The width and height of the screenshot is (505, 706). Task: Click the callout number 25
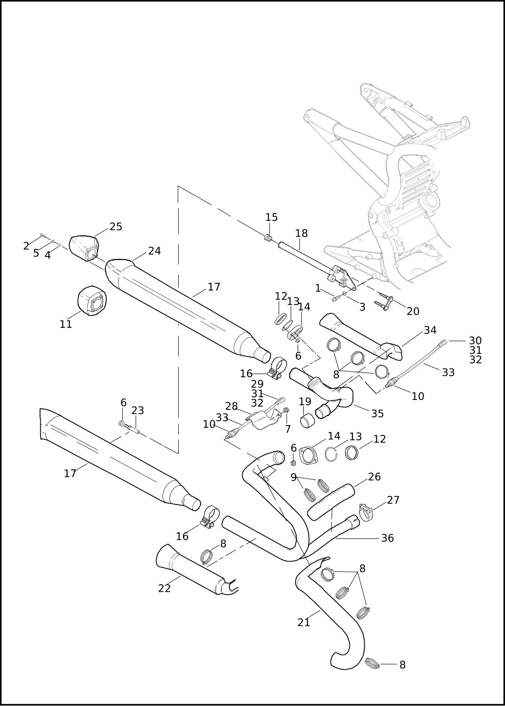[x=116, y=226]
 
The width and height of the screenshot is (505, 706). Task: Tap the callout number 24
[x=155, y=251]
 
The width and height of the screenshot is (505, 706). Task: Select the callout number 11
[x=66, y=324]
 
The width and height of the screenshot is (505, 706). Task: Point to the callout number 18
[x=301, y=233]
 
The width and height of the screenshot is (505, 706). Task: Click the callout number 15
[x=271, y=218]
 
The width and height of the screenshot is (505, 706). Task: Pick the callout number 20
[x=413, y=312]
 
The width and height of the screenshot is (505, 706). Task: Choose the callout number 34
[x=430, y=330]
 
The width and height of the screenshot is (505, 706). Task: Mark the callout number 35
[x=377, y=413]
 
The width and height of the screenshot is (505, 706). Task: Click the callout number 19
[x=305, y=401]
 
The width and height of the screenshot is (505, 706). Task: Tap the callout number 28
[x=231, y=406]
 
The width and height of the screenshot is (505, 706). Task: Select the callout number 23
[x=137, y=411]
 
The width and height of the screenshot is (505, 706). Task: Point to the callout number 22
[x=164, y=588]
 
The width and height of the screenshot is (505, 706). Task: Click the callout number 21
[x=304, y=623]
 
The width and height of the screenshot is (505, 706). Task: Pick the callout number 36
[x=387, y=538]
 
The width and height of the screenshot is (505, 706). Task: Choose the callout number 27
[x=393, y=500]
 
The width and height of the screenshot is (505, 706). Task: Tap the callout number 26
[x=374, y=477]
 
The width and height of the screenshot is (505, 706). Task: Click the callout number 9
[x=293, y=477]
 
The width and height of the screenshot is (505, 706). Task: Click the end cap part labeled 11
[x=92, y=301]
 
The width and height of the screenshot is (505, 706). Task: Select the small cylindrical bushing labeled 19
[x=306, y=422]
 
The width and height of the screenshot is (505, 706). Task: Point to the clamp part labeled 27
[x=366, y=512]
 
